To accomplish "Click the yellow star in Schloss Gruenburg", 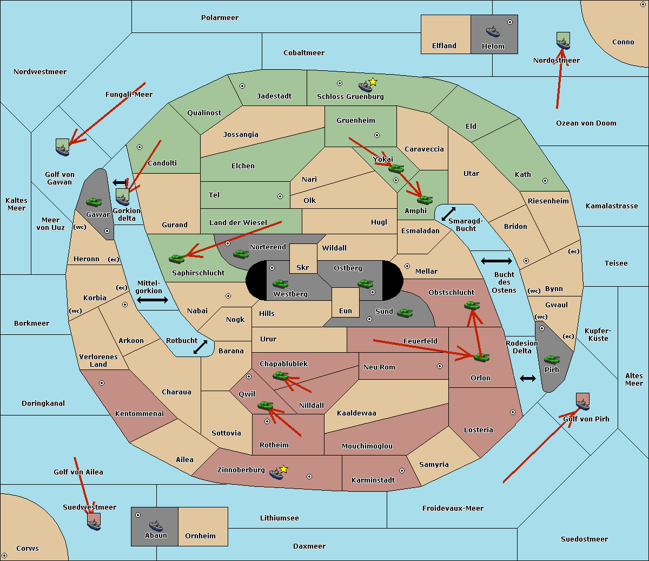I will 373,82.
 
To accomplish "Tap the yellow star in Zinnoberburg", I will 283,469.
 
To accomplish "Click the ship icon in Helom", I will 493,31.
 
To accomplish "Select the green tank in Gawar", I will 94,202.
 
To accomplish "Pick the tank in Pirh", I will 552,360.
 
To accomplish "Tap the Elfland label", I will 444,46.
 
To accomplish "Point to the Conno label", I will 623,42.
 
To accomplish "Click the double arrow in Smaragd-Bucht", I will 449,214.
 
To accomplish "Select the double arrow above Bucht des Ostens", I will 496,261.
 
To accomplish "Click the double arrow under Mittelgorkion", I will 153,300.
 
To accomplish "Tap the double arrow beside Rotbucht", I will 200,347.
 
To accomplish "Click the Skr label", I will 303,268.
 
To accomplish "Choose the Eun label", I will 346,311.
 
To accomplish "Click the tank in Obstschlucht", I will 472,306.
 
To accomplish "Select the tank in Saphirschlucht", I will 177,259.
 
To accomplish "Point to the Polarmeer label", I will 220,18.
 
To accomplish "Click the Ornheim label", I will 200,536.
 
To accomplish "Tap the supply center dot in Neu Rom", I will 440,366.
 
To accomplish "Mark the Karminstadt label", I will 373,480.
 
